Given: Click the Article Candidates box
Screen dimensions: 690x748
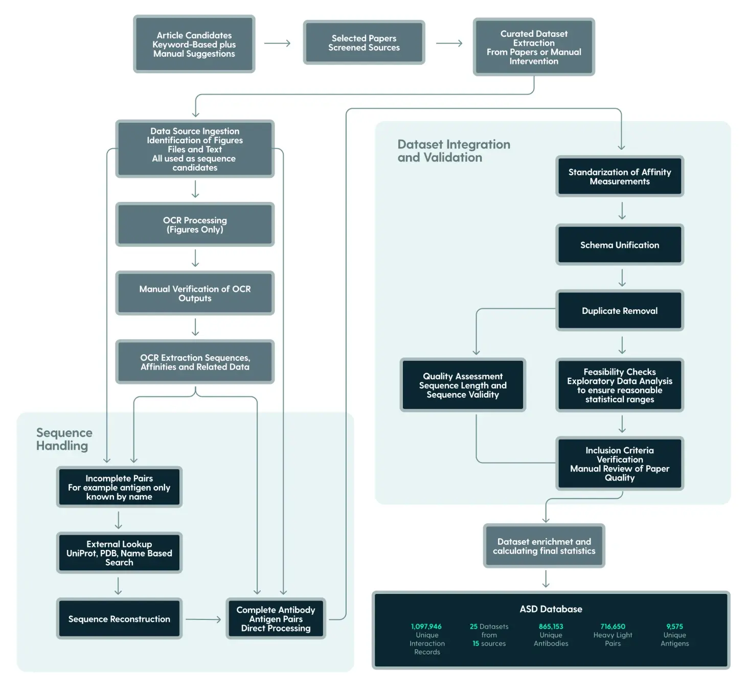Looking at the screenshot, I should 194,44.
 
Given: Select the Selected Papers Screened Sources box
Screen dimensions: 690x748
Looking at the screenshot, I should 364,42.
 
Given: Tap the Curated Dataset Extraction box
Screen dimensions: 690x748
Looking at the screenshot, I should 533,47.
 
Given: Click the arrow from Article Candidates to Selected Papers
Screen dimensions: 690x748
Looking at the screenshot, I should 277,43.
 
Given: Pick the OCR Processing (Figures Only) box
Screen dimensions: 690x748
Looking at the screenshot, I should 195,224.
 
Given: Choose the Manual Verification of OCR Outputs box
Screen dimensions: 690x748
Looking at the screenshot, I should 195,293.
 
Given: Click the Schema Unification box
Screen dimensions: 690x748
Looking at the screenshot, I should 619,245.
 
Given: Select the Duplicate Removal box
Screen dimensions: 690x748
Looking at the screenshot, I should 619,311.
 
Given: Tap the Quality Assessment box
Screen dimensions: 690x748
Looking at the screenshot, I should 463,385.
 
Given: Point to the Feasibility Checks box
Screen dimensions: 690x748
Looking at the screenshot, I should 619,385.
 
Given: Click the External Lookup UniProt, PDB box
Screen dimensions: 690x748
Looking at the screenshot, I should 119,553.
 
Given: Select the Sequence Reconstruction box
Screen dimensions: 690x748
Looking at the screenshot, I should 119,618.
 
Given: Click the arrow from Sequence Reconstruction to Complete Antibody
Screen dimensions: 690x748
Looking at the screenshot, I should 203,619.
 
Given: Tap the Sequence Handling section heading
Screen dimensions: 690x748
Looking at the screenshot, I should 64,439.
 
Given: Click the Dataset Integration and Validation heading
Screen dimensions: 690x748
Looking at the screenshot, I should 454,151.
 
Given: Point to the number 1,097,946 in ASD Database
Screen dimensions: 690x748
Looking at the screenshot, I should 426,626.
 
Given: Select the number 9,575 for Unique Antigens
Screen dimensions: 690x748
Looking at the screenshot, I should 674,626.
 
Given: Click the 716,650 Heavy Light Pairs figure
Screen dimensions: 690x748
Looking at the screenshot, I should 613,626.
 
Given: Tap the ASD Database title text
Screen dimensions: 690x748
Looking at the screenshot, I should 551,609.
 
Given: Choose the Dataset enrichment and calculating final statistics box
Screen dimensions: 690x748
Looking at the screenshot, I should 544,546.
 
